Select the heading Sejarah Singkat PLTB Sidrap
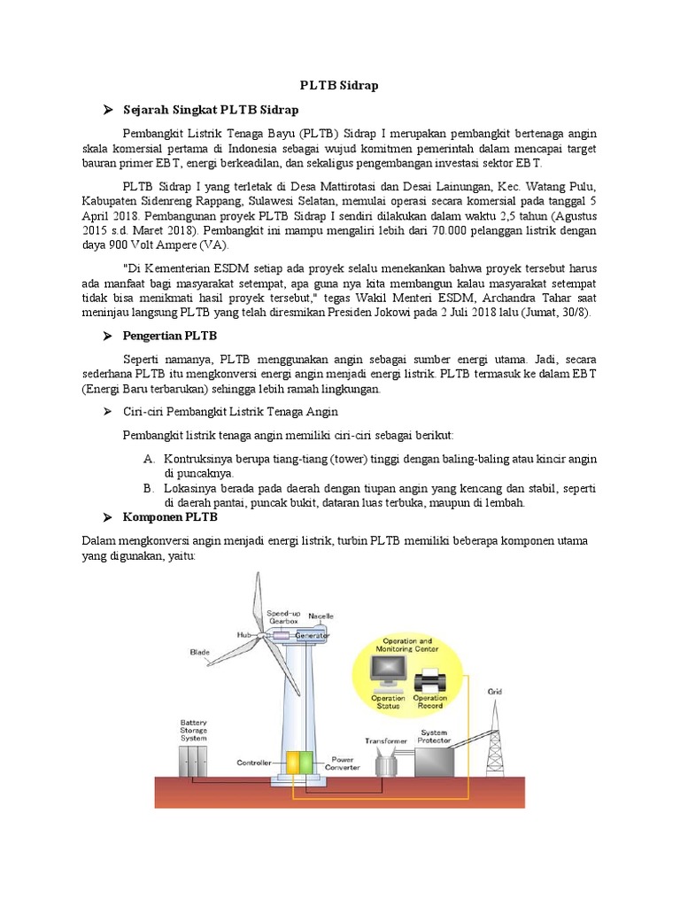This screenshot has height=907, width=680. [211, 110]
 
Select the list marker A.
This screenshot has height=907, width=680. [148, 459]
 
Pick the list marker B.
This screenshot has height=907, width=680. [148, 487]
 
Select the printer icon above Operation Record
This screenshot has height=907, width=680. [429, 681]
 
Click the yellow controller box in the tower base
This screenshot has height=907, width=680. [291, 764]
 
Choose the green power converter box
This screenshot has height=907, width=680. [305, 764]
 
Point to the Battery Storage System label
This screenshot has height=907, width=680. [193, 730]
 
